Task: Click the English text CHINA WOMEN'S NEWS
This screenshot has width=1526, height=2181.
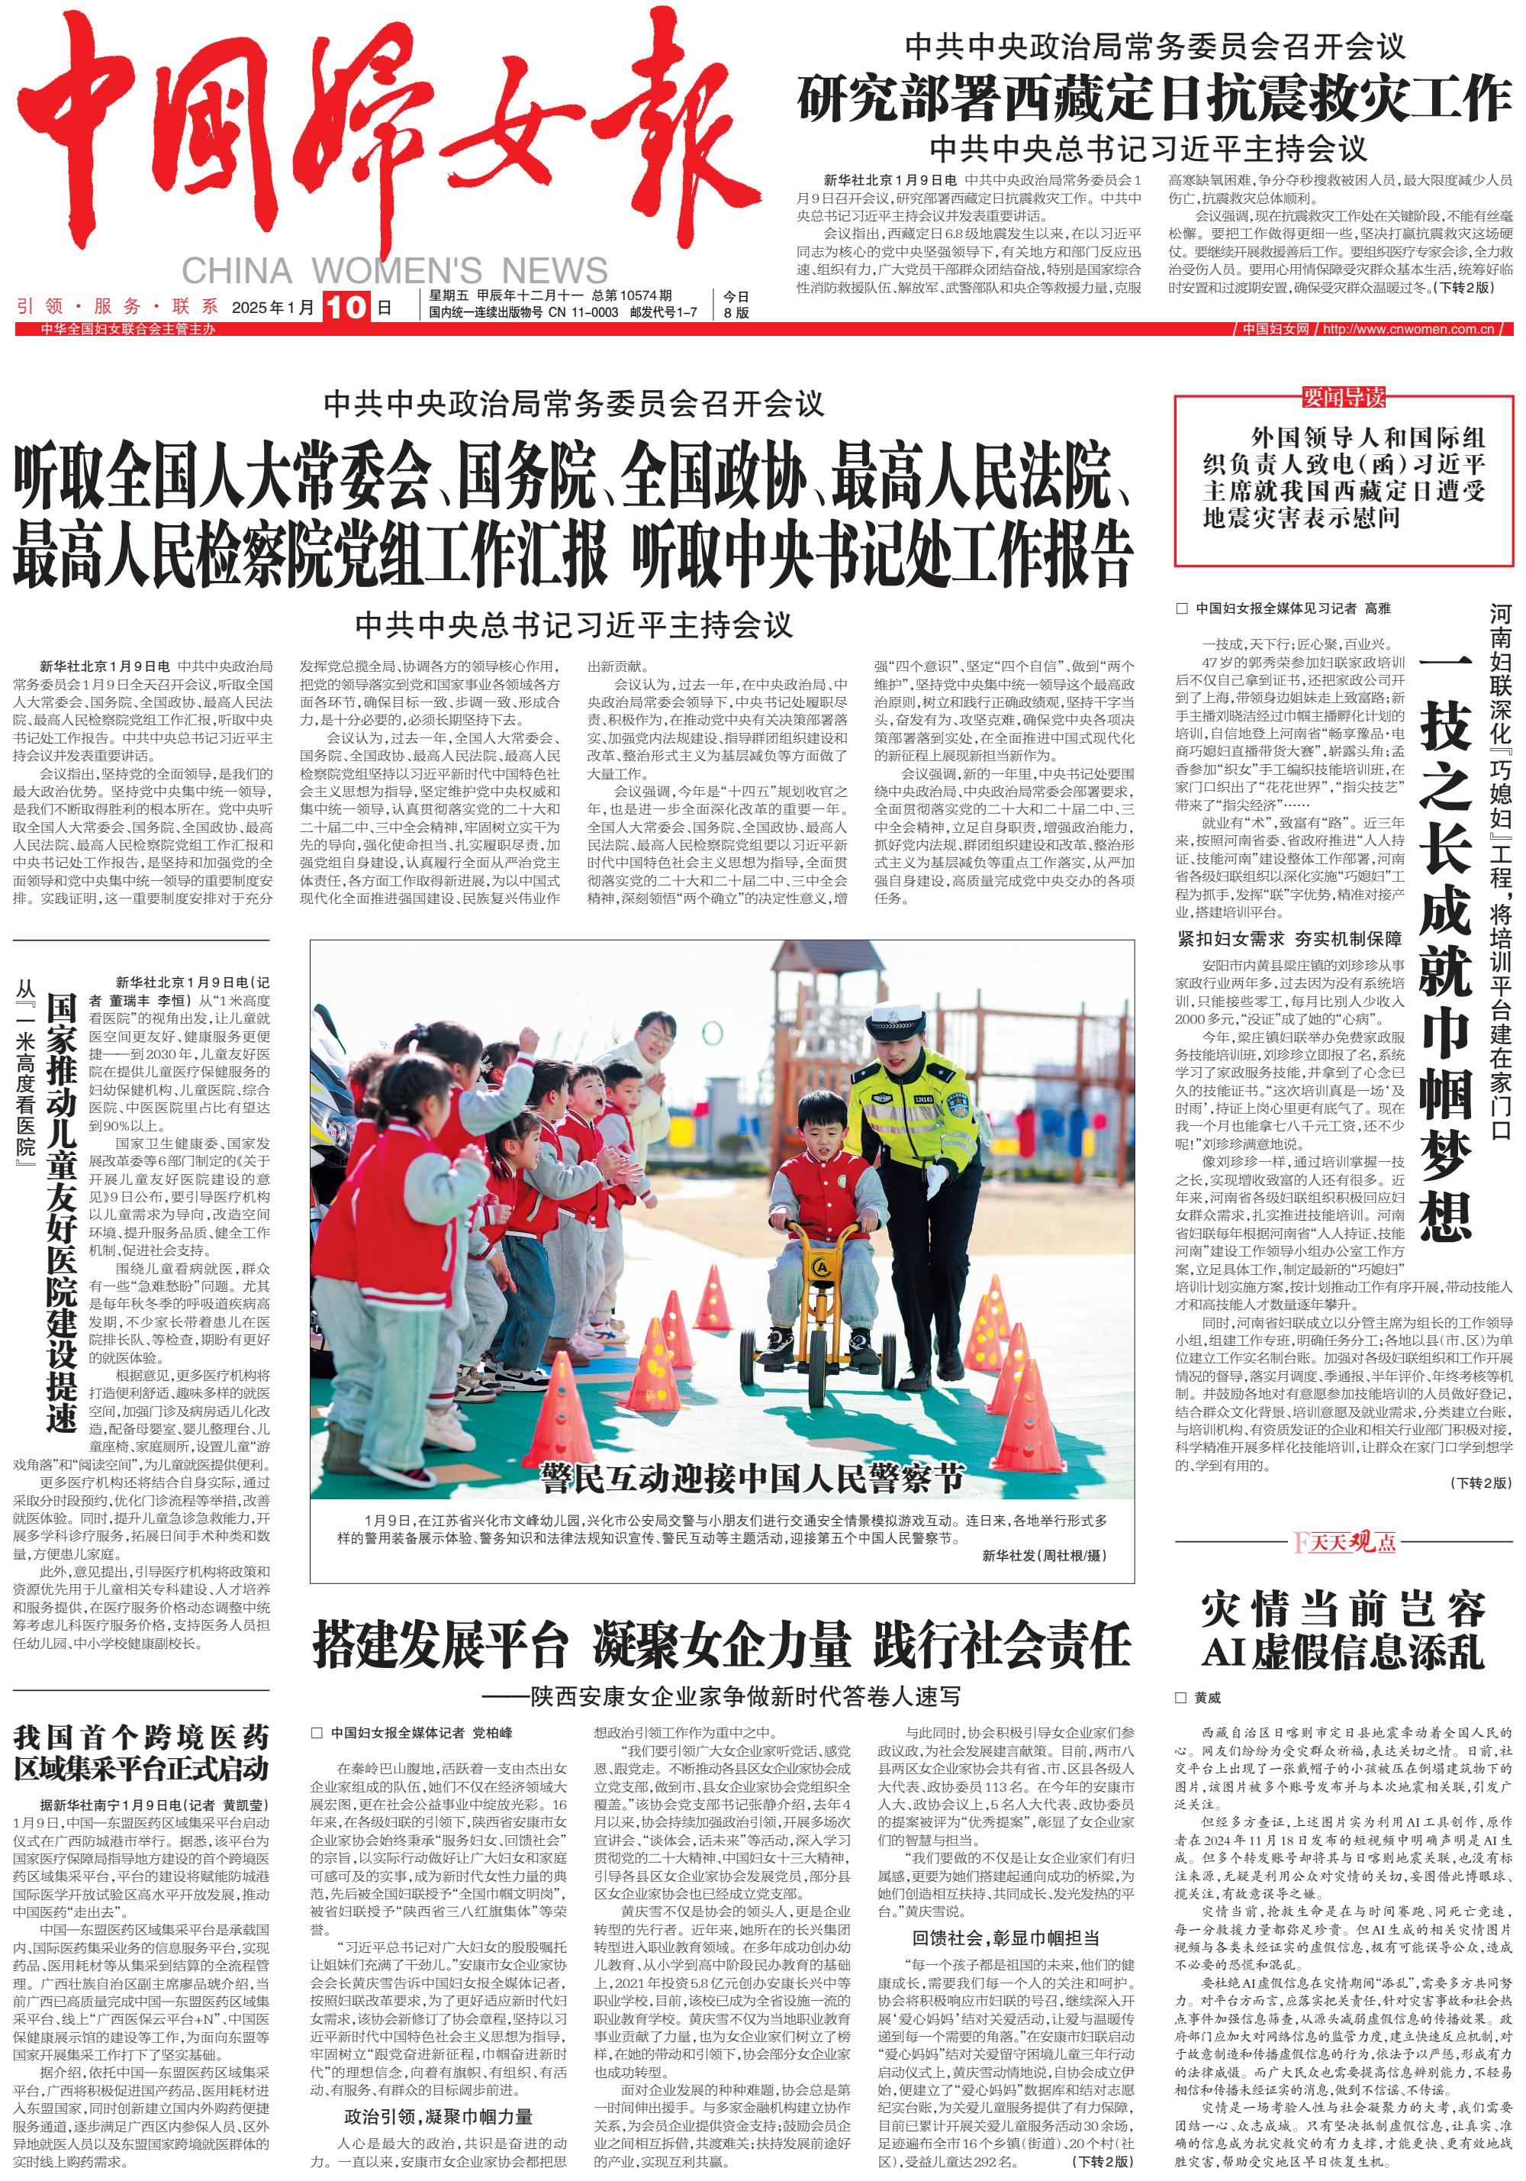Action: [x=394, y=271]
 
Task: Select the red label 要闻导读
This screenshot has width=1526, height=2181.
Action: [x=1343, y=397]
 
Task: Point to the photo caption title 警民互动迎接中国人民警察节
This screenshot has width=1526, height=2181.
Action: [x=751, y=1476]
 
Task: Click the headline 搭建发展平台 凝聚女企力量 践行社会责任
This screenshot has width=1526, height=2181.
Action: [x=721, y=1646]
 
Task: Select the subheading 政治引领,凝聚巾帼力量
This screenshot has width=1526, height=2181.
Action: [x=438, y=2116]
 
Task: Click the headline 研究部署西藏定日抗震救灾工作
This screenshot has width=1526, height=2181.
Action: [x=1153, y=98]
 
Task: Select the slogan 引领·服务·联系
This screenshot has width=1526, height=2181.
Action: [x=117, y=307]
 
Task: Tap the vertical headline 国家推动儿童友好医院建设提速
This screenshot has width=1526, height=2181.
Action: [x=62, y=1211]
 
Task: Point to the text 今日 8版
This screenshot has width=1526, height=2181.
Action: [x=736, y=304]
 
